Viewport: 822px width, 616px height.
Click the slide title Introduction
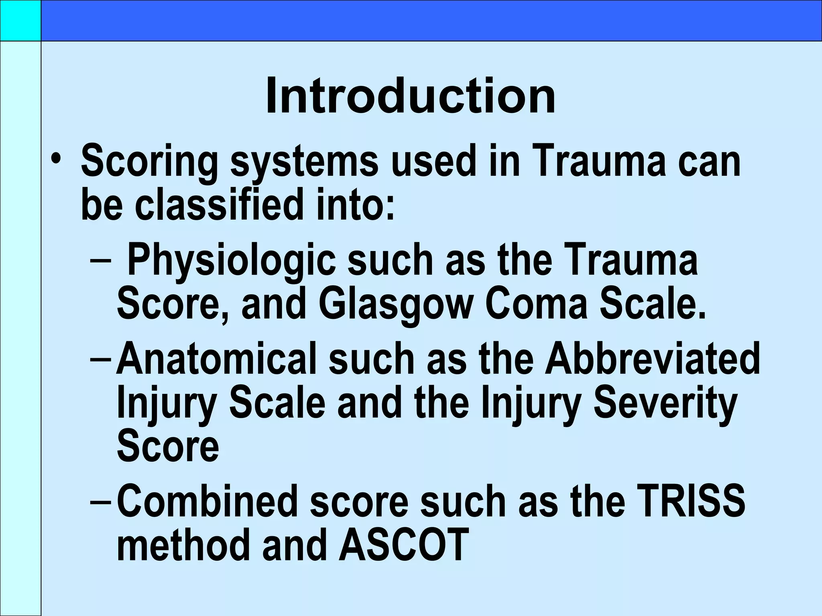[411, 97]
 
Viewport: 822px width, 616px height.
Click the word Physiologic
[231, 261]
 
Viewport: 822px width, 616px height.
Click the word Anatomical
[216, 358]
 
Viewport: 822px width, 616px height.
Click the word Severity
[665, 403]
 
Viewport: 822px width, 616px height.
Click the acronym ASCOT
[404, 545]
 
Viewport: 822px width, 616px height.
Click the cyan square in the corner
[20, 20]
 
